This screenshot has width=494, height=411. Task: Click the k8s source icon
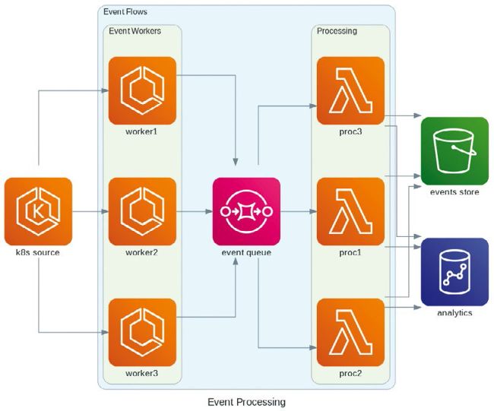pos(38,210)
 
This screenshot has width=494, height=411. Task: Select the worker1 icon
pos(142,90)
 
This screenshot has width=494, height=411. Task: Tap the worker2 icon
pos(142,210)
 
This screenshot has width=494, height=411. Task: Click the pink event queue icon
pos(246,210)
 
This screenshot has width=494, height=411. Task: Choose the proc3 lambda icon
pos(350,90)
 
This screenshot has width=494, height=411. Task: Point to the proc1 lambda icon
pos(350,210)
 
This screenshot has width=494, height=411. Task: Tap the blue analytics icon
pos(454,271)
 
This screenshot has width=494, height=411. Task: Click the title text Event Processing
pos(246,401)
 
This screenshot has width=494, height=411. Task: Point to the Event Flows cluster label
pos(125,12)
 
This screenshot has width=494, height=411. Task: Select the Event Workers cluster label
pos(135,31)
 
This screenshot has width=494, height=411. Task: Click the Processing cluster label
pos(337,31)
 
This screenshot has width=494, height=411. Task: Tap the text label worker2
pos(142,252)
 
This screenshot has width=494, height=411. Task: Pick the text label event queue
pos(246,252)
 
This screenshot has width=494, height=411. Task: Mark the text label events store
pos(454,192)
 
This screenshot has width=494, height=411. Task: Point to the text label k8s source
pos(38,252)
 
